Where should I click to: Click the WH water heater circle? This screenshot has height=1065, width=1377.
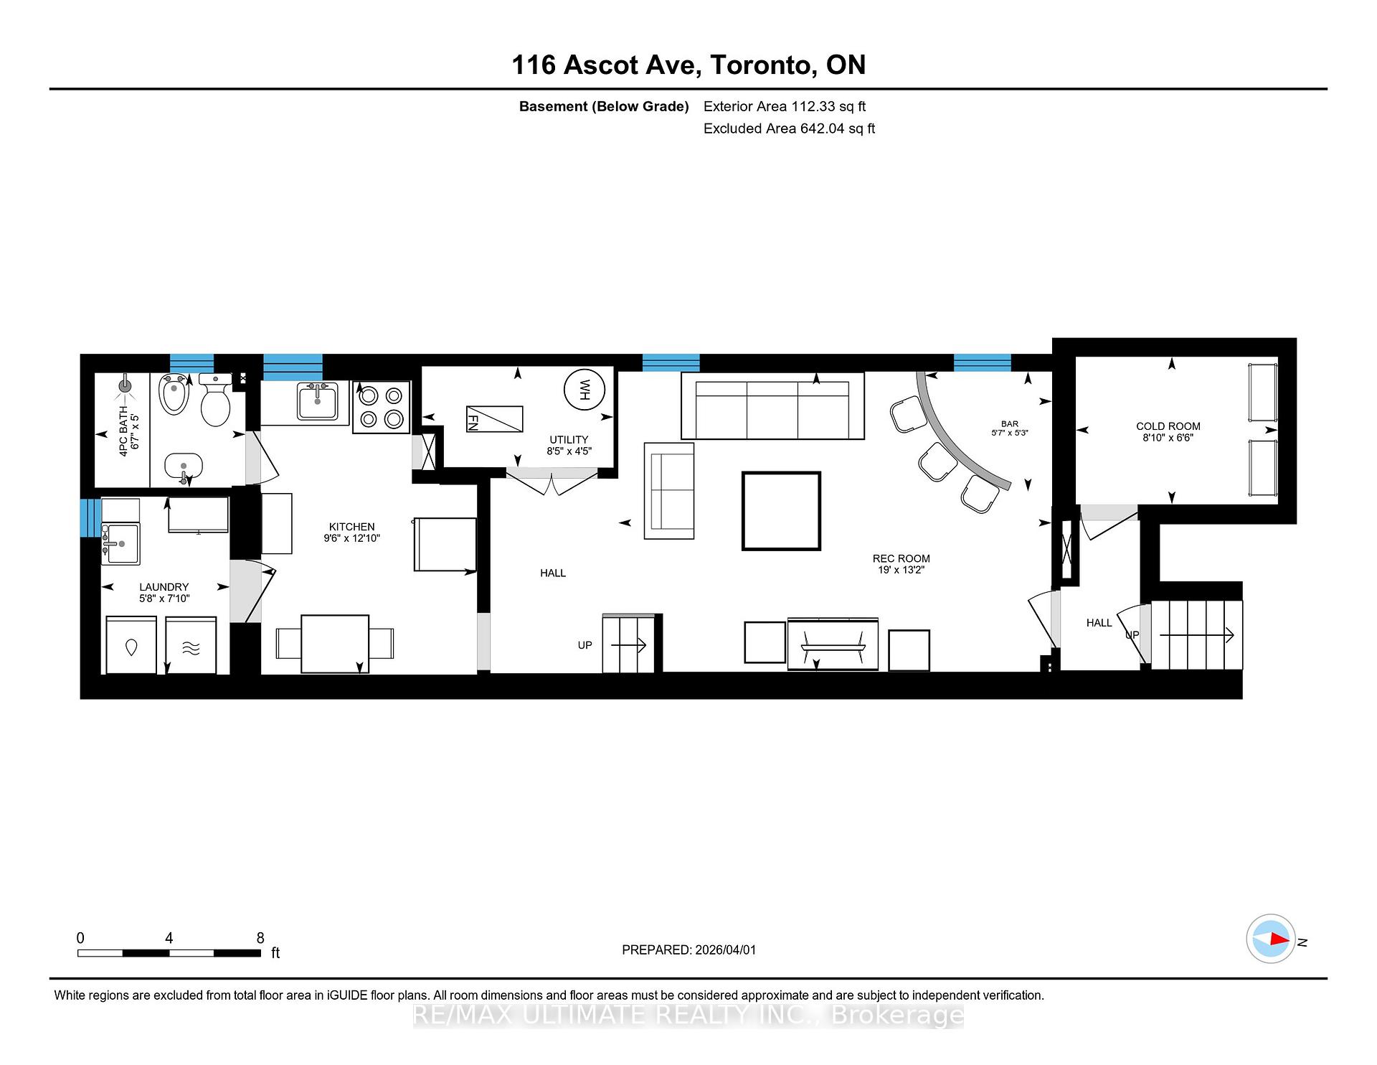585,390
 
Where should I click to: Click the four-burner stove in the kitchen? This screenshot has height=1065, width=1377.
381,407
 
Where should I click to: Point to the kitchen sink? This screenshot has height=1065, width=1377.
316,402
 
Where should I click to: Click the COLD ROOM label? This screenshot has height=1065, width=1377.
1168,426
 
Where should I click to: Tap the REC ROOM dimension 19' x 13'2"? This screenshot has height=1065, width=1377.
901,571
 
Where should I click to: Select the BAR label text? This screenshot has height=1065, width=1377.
1010,424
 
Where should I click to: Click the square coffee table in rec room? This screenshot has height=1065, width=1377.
781,511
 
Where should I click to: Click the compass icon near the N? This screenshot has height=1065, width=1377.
1271,939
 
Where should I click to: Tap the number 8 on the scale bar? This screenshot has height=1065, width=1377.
260,938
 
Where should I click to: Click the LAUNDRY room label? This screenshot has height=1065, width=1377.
164,587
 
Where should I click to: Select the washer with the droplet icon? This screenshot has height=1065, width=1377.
131,645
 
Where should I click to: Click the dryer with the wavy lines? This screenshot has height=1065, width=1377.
191,645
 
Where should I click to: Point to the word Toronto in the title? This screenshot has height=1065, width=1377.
762,65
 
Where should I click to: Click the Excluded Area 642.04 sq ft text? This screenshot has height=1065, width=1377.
789,128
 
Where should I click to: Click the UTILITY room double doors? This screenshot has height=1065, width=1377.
552,482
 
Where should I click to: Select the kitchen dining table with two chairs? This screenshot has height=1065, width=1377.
335,643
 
